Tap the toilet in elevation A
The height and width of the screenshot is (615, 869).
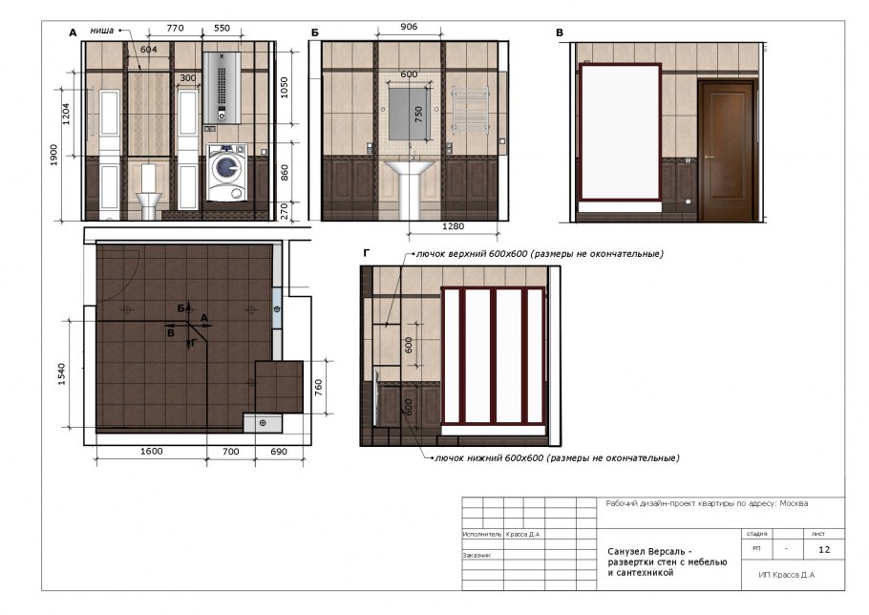(150, 192)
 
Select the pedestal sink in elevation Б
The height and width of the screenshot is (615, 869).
(412, 187)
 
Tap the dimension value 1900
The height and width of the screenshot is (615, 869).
(55, 154)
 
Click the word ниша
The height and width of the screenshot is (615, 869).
(102, 31)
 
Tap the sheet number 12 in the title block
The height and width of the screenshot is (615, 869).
(824, 549)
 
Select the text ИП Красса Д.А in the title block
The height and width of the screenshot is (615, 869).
(786, 575)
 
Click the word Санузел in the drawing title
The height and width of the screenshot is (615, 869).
(626, 551)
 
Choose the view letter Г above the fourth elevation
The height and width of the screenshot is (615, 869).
(368, 254)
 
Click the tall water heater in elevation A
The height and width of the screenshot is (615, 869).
(221, 87)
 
